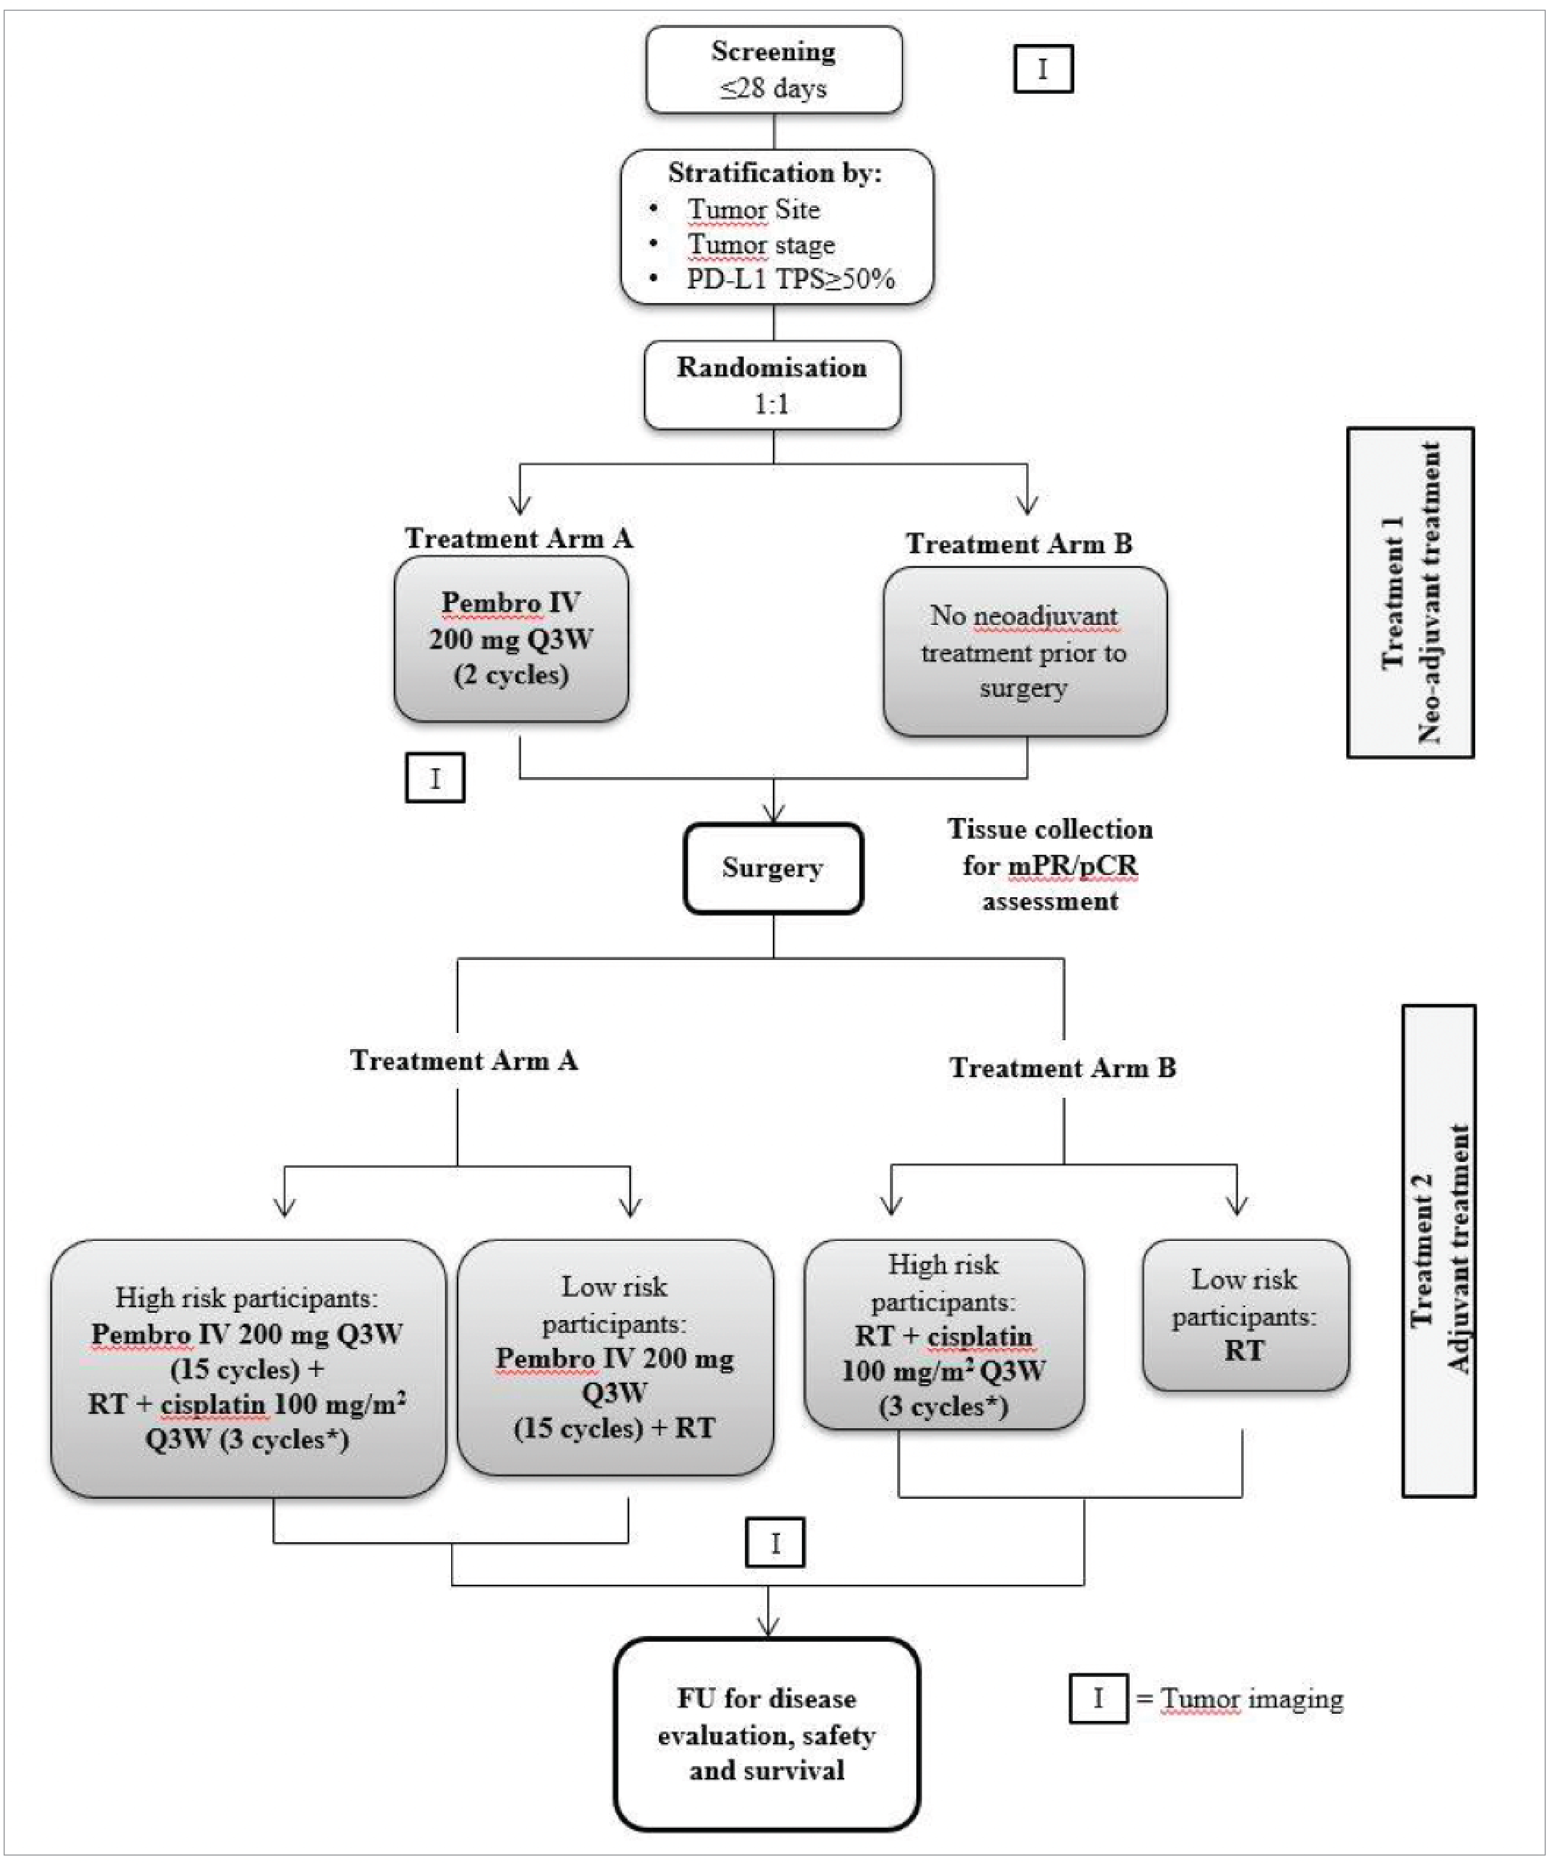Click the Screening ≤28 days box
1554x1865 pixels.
point(773,70)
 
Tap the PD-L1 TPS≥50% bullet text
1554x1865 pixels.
point(789,279)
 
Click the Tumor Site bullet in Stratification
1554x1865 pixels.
point(753,210)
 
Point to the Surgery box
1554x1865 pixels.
point(772,868)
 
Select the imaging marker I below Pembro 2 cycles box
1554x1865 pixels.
point(435,778)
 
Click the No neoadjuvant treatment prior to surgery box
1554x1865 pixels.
point(1024,652)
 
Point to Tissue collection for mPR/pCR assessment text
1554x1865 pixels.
point(1049,865)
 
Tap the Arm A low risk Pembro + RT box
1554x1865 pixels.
point(614,1357)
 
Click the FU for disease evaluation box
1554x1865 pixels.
point(766,1734)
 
